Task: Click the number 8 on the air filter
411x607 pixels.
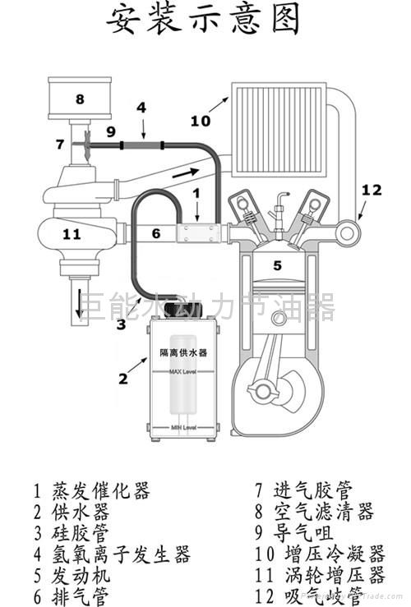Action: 80,99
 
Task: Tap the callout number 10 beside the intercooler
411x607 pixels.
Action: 201,121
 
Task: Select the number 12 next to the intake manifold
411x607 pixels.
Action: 372,190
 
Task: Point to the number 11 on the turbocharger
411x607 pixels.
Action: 72,234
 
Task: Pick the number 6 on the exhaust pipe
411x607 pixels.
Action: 157,233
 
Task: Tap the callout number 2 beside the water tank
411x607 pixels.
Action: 123,378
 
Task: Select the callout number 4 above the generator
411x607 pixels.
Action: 141,107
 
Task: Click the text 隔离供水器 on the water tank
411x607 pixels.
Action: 182,352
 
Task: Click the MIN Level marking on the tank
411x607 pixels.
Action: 182,428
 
